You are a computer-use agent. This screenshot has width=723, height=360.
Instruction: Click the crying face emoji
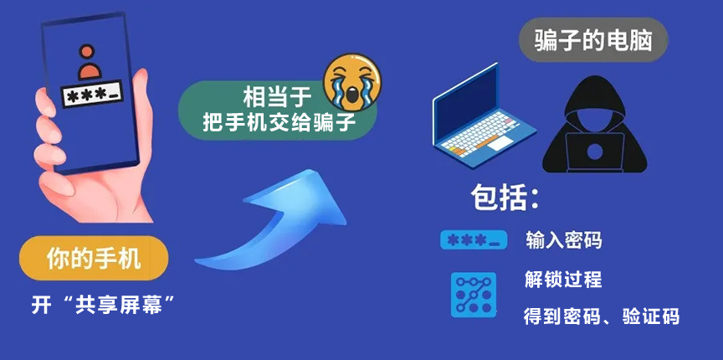coord(352,81)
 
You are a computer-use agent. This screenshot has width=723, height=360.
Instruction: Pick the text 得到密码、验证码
coord(601,316)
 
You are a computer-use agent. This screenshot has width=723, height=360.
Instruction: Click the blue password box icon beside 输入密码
coord(474,241)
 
